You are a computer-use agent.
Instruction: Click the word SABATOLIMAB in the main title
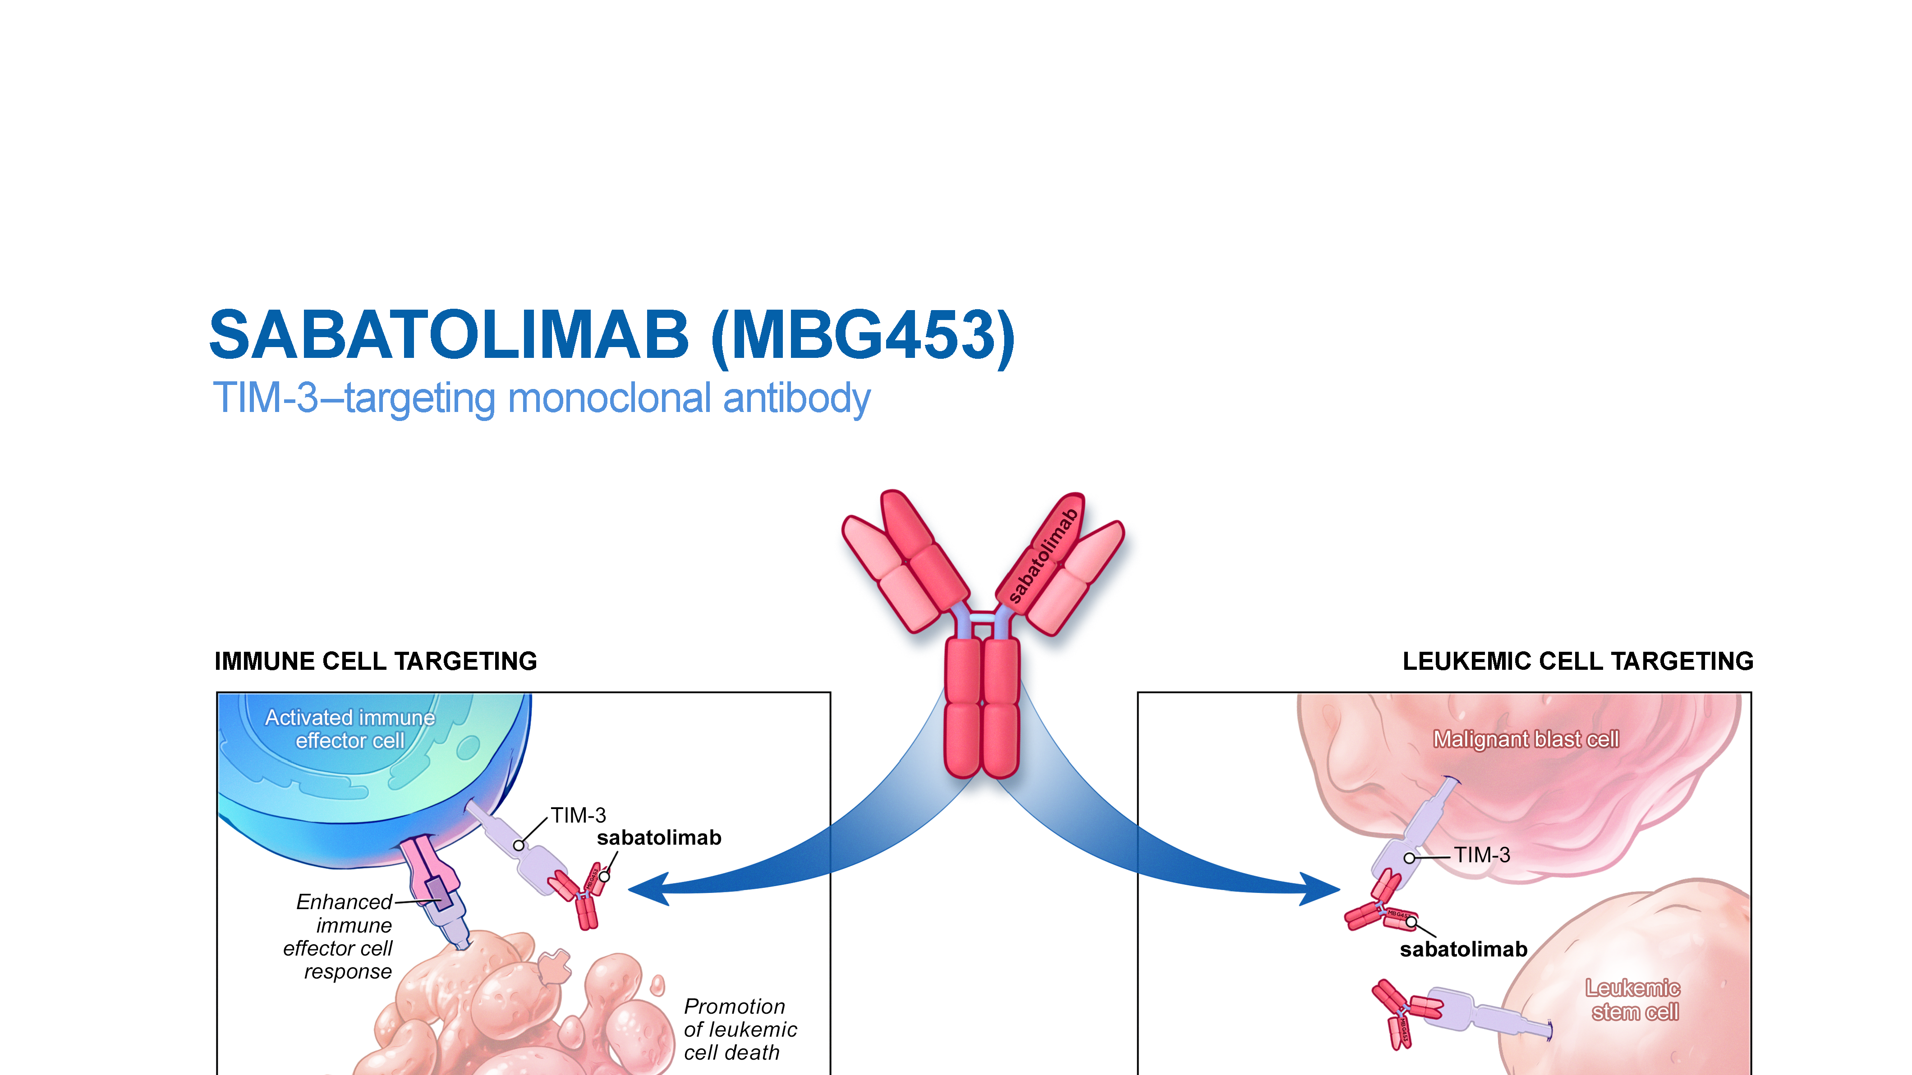click(x=449, y=335)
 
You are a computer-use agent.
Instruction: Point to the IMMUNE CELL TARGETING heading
click(x=376, y=661)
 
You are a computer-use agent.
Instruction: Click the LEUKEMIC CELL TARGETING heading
click(x=1577, y=661)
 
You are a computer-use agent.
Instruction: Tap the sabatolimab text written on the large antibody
click(x=1043, y=555)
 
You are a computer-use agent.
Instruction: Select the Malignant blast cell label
click(x=1525, y=740)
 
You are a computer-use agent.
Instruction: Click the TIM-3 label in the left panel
click(x=578, y=815)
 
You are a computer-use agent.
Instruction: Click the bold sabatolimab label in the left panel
click(x=658, y=837)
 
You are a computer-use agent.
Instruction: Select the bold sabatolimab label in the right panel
click(x=1463, y=950)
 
